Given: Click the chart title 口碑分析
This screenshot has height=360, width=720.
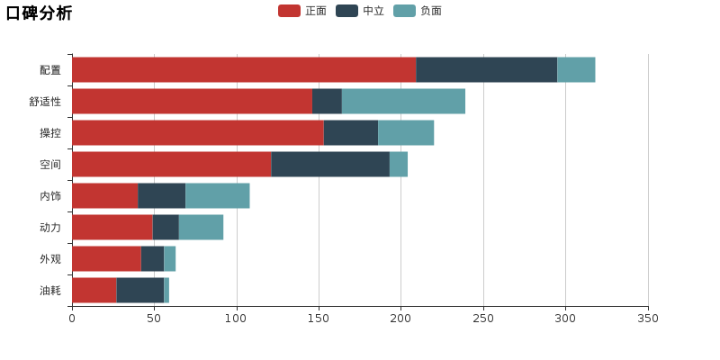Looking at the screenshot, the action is click(x=39, y=13).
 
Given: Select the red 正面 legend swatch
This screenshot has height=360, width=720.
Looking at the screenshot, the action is click(x=289, y=11).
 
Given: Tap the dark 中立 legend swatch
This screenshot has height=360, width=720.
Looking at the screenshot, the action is click(x=346, y=11).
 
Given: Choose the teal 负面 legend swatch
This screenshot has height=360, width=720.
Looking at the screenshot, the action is click(x=404, y=11).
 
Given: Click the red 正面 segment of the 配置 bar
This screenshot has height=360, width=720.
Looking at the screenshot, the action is click(x=244, y=70).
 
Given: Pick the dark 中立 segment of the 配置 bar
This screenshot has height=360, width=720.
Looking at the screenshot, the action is click(x=487, y=70).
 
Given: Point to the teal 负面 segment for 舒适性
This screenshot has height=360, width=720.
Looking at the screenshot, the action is click(x=403, y=101).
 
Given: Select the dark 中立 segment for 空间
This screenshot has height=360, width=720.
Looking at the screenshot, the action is click(x=330, y=164).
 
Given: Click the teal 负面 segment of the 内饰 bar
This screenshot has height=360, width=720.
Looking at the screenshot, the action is click(x=218, y=195).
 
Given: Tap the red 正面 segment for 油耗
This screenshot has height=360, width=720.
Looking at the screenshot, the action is click(x=94, y=290).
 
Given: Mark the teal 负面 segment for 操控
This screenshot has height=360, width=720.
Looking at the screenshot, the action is click(x=406, y=132).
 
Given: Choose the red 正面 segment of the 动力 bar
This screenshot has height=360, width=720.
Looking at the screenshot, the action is click(x=112, y=228).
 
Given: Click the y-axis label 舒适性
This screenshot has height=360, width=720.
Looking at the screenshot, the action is click(x=45, y=102).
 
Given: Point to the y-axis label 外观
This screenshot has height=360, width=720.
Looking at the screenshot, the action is click(x=50, y=259).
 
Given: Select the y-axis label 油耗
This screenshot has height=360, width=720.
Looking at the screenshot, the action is click(x=50, y=291).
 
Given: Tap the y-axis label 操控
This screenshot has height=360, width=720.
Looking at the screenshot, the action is click(x=50, y=133).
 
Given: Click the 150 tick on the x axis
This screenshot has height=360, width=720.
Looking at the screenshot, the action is click(x=319, y=319).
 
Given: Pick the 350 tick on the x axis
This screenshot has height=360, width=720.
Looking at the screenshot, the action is click(x=648, y=319).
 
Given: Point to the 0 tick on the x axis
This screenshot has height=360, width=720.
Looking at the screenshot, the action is click(x=72, y=319).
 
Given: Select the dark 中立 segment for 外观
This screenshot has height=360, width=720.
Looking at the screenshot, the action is click(x=152, y=258).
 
